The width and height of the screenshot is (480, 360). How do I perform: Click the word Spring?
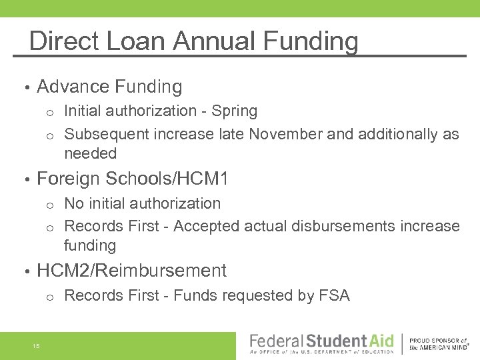point(233,111)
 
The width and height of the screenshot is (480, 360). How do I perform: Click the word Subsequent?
point(107,134)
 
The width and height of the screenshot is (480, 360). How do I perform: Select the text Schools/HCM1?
point(167,179)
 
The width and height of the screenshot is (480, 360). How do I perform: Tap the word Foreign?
point(68,179)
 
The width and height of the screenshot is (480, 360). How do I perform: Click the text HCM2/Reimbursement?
point(132,271)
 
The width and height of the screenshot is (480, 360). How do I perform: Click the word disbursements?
point(345,226)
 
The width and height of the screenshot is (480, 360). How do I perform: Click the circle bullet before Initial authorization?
point(50,112)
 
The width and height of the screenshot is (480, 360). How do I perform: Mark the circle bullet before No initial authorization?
point(50,204)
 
